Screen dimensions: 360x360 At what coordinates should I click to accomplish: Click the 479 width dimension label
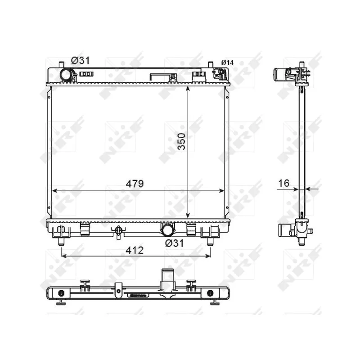point(134,184)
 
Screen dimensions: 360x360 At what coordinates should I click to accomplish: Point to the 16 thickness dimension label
point(283,183)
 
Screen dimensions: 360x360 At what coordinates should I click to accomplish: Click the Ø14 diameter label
point(227,63)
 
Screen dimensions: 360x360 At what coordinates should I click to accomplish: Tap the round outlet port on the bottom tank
point(167,230)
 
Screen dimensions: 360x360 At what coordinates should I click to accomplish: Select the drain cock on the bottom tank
point(118,231)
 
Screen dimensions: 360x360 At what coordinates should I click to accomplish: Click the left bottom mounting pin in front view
point(61,242)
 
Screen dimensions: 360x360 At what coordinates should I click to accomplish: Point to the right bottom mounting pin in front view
point(210,242)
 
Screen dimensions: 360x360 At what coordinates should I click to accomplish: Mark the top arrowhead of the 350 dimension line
point(188,88)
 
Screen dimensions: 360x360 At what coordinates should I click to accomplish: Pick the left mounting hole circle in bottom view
point(62,293)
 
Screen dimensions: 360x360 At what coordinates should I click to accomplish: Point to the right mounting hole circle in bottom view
point(210,293)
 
